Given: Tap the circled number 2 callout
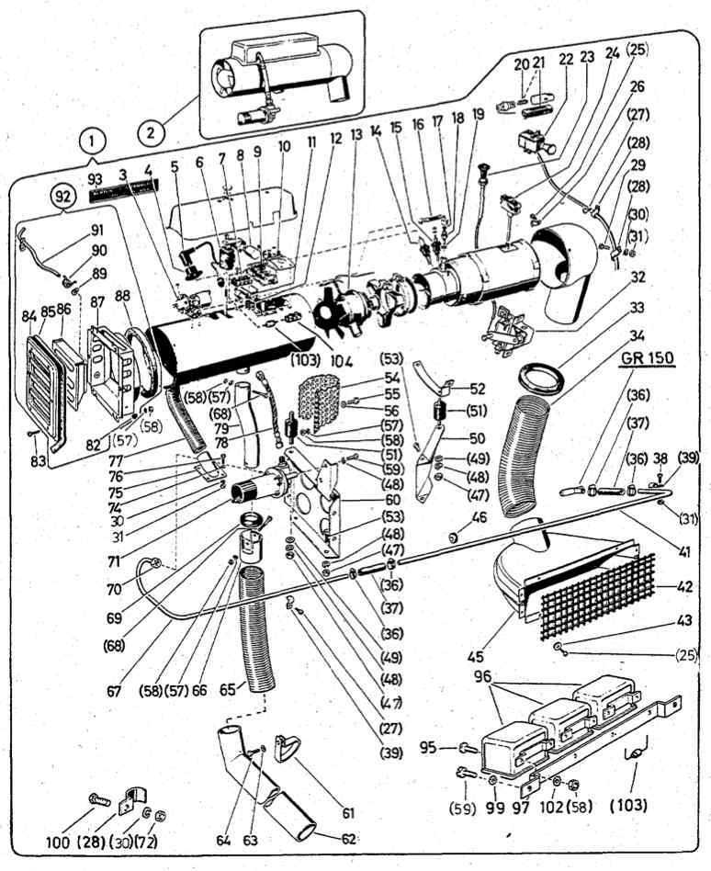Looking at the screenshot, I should point(152,130).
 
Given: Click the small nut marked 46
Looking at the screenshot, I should point(454,535).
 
